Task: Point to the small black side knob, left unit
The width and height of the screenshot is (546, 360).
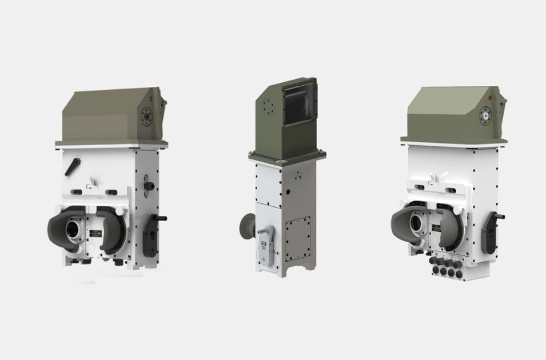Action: tap(150, 185)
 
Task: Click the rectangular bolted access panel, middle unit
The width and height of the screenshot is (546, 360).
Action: tap(297, 237)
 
